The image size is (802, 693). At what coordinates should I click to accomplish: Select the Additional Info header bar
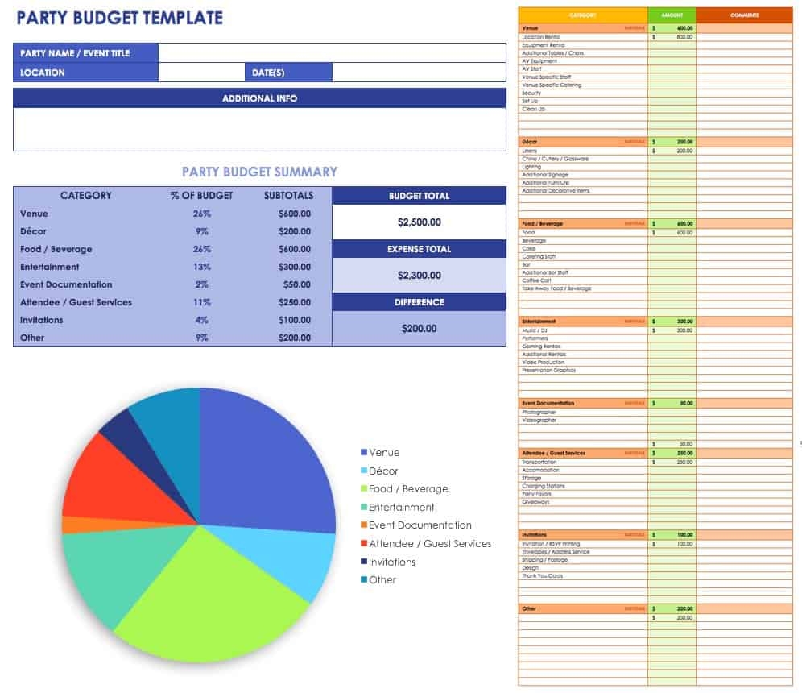pyautogui.click(x=259, y=98)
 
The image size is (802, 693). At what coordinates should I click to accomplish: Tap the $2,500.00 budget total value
pyautogui.click(x=419, y=222)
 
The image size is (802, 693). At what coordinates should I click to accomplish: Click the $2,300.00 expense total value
pyautogui.click(x=419, y=276)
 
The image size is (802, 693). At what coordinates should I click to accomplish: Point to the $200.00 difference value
pyautogui.click(x=419, y=329)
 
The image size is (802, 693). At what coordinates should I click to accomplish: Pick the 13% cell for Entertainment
pyautogui.click(x=202, y=268)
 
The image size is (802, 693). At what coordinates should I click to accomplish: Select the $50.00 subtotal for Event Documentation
pyautogui.click(x=296, y=285)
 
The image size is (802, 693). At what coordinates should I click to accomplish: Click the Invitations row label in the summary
pyautogui.click(x=41, y=321)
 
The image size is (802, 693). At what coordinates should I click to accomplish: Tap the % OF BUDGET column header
pyautogui.click(x=202, y=196)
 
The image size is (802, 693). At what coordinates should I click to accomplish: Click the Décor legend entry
pyautogui.click(x=382, y=471)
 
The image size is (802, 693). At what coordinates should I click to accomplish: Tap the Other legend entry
pyautogui.click(x=382, y=580)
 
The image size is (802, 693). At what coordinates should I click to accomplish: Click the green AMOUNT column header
pyautogui.click(x=671, y=15)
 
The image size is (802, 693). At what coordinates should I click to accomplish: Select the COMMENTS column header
pyautogui.click(x=744, y=15)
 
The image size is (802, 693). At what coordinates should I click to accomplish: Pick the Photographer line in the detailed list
pyautogui.click(x=539, y=413)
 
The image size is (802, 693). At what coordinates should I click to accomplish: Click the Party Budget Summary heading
pyautogui.click(x=259, y=172)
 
